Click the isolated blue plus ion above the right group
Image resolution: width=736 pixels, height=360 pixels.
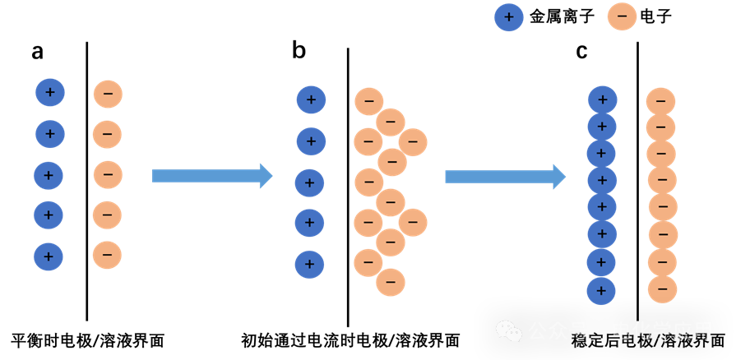tap(509, 17)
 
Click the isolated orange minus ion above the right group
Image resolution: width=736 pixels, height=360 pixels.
tap(622, 16)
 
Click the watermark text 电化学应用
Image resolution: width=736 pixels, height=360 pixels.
tap(662, 331)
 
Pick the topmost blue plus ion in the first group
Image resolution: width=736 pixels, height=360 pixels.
tap(50, 93)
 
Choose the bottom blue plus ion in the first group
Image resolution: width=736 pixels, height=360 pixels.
tap(49, 256)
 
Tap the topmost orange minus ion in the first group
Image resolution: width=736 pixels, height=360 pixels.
tap(108, 94)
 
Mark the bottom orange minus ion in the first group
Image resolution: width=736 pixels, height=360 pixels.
tap(107, 255)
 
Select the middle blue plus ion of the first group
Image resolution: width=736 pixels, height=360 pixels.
tap(49, 175)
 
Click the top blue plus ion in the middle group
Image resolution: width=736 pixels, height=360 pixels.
tap(311, 100)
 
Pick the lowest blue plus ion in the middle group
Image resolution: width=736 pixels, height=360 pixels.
tap(309, 264)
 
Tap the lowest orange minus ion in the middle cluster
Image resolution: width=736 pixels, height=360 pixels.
tap(391, 283)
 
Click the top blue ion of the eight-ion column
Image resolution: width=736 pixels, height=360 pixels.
tap(602, 100)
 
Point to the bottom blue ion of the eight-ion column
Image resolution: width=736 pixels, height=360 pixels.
tap(601, 290)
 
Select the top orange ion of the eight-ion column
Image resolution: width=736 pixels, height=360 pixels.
tap(660, 101)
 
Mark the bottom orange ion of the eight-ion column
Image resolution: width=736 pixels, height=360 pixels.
tap(662, 289)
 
